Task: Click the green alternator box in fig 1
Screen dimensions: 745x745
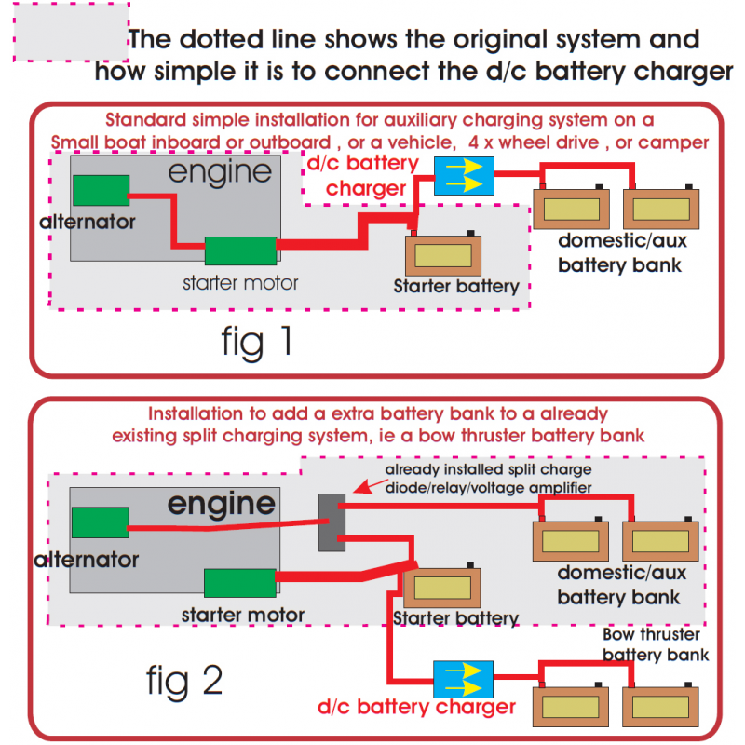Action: (x=101, y=190)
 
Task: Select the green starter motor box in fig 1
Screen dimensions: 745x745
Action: (x=240, y=251)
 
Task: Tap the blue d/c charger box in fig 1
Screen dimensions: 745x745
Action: (x=464, y=176)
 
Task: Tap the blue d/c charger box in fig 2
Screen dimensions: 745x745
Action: (x=464, y=680)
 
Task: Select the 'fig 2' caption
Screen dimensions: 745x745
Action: (x=184, y=683)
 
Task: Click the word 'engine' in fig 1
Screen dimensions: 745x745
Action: (x=220, y=172)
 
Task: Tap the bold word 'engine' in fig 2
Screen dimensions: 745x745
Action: (x=222, y=504)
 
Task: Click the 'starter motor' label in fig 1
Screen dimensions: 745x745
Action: (x=240, y=282)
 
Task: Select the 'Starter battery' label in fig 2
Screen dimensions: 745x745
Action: (x=455, y=618)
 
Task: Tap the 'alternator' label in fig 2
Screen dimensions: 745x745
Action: (x=86, y=561)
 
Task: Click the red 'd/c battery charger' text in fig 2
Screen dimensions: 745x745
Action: (x=416, y=708)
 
